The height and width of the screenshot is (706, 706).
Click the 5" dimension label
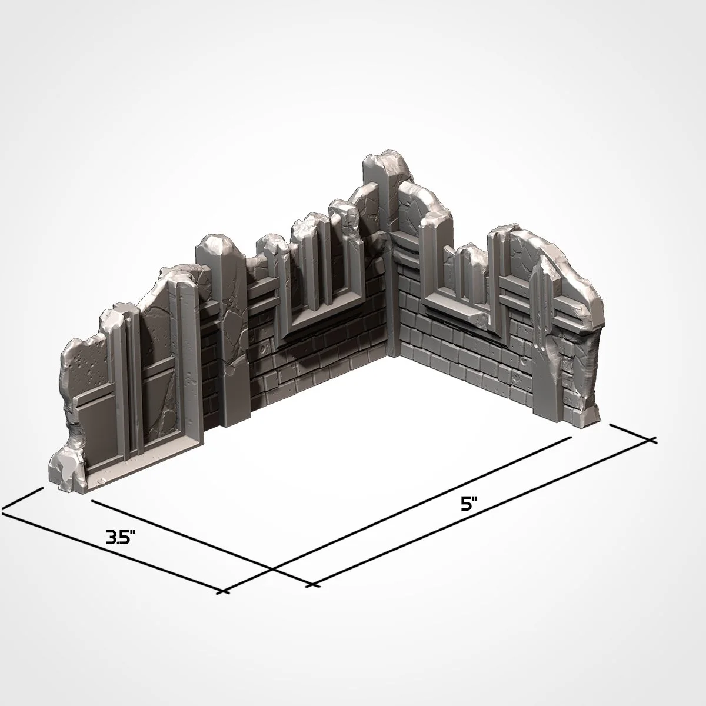468,504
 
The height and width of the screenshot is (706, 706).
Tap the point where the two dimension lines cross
272,569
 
